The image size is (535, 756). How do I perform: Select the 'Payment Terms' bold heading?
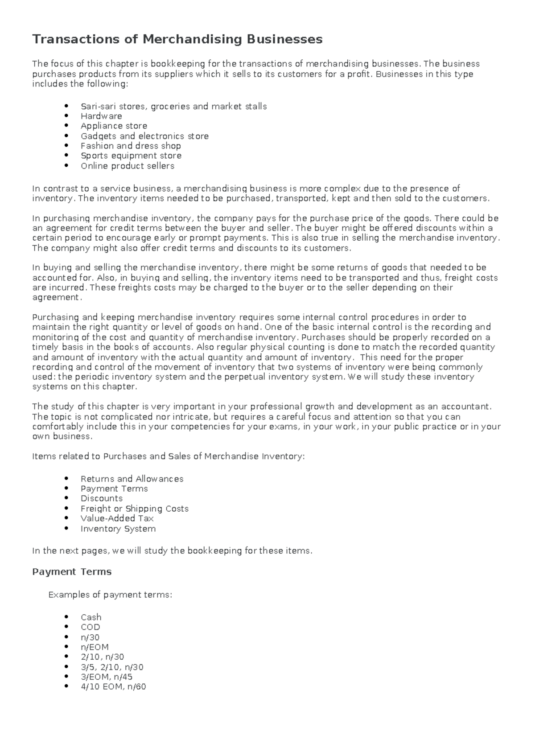pos(72,571)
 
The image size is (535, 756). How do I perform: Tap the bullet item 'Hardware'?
pos(101,116)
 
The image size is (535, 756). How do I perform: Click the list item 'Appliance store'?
pos(114,126)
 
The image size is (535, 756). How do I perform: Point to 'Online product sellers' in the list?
pos(127,166)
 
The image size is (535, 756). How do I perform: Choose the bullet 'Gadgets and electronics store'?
pos(144,136)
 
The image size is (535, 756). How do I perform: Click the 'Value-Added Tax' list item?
pos(117,518)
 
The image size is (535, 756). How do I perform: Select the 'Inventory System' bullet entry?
pos(118,529)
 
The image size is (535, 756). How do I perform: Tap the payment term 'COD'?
pos(90,627)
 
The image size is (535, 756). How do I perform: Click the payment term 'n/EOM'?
pos(95,647)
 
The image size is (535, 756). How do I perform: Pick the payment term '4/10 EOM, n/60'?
pos(113,686)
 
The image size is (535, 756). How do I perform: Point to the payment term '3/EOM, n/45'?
pos(107,677)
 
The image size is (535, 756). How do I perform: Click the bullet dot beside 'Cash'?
pos(66,617)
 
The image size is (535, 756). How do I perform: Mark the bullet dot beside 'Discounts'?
pos(66,498)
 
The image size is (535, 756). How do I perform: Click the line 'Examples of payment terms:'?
pos(110,595)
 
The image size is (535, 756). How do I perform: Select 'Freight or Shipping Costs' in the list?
pos(134,509)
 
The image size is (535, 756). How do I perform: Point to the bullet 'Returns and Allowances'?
pos(132,479)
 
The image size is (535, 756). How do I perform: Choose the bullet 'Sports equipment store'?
pos(131,156)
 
